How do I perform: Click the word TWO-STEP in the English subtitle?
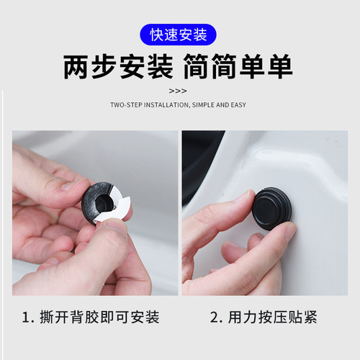[127, 105]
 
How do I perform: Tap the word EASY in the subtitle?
[238, 105]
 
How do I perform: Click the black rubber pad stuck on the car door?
[271, 210]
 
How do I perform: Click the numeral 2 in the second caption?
[215, 317]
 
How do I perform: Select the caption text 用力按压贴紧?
[274, 317]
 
